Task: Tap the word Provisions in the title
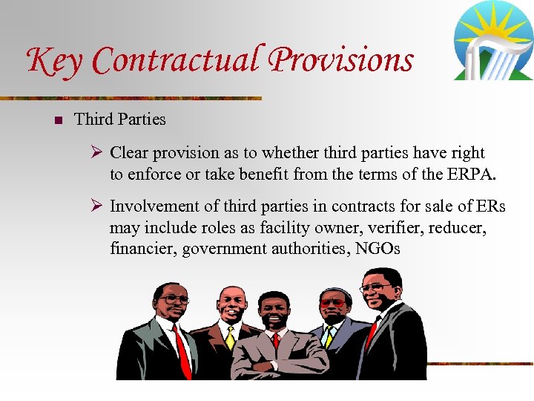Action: (x=341, y=60)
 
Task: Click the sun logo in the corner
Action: (x=492, y=41)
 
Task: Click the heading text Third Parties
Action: (x=120, y=119)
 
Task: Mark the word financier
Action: (x=142, y=249)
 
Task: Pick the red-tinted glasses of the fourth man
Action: (x=332, y=303)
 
